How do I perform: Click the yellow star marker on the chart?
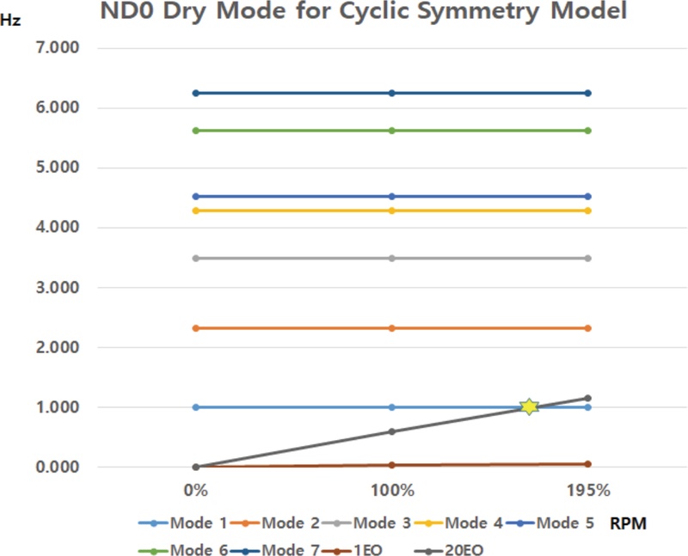tap(529, 406)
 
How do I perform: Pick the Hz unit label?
tap(12, 21)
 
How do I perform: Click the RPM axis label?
tap(628, 522)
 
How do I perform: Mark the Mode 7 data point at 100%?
tap(392, 93)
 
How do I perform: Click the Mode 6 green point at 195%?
tap(588, 131)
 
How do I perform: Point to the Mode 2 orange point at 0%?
tap(196, 328)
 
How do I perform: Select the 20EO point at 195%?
tap(588, 398)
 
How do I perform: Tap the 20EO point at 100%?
tap(392, 431)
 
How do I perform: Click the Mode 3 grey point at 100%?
tap(392, 258)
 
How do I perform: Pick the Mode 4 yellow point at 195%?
tap(588, 211)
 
